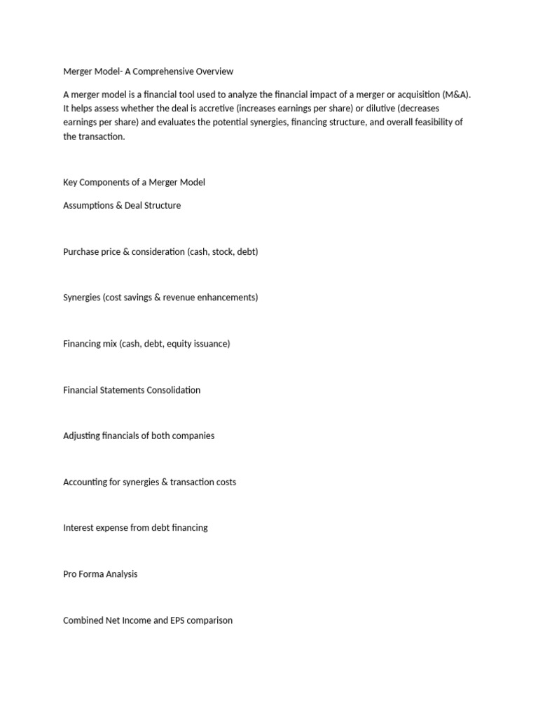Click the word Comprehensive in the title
point(159,71)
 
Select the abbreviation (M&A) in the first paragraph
point(456,95)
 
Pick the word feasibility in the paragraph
point(431,123)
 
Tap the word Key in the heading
point(70,182)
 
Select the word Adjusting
point(81,436)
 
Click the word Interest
point(78,528)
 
